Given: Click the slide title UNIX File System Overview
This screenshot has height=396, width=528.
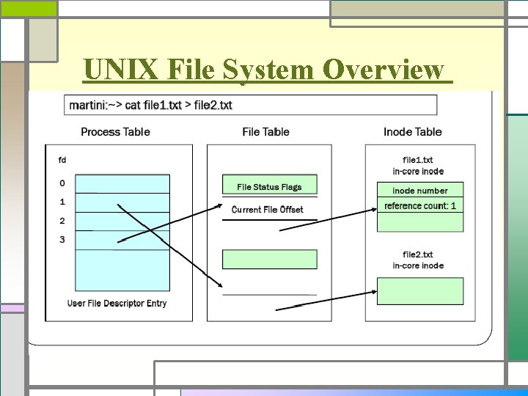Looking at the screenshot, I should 264,70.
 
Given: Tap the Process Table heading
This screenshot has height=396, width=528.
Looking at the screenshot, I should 115,132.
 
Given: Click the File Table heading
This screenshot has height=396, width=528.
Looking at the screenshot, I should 265,132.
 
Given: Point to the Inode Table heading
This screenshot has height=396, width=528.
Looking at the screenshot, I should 412,132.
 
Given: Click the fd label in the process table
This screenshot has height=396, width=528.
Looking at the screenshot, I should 62,159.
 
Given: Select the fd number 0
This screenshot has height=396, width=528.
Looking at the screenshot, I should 62,183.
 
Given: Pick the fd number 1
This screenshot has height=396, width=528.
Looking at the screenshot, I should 62,202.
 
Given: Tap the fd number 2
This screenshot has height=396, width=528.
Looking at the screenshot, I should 62,221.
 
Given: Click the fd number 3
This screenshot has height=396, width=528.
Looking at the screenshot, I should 62,240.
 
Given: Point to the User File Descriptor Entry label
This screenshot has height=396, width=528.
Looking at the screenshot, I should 117,303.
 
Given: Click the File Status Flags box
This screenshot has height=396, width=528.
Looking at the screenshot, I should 269,186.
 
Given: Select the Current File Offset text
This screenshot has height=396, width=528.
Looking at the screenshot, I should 267,210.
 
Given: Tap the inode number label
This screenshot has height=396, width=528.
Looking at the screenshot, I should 419,191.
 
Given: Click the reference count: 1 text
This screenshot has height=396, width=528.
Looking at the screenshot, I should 419,206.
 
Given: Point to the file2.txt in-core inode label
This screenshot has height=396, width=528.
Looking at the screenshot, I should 418,260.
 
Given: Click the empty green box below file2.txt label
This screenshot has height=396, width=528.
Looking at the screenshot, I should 419,290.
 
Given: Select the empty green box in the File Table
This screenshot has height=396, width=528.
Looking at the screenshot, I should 269,259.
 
